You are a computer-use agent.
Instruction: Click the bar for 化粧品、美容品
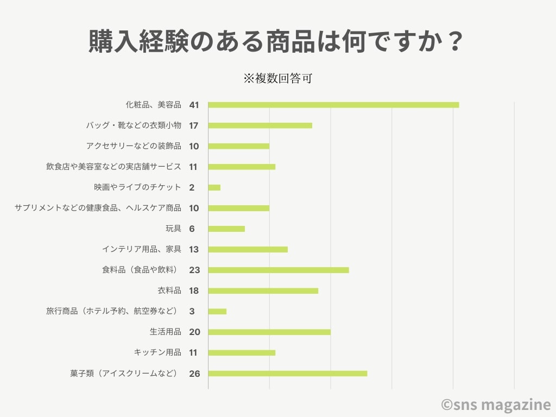pyautogui.click(x=333, y=105)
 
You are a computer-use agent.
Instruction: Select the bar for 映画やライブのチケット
pyautogui.click(x=214, y=187)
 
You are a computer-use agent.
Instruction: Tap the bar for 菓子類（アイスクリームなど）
pyautogui.click(x=288, y=373)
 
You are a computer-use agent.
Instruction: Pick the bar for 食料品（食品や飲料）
pyautogui.click(x=279, y=270)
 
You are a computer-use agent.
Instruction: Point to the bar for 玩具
pyautogui.click(x=226, y=229)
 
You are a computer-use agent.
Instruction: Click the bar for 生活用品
pyautogui.click(x=269, y=332)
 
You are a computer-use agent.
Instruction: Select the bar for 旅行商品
pyautogui.click(x=217, y=311)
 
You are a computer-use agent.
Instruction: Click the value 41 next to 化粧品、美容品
pyautogui.click(x=194, y=105)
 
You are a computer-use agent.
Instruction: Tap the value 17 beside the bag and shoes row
pyautogui.click(x=194, y=125)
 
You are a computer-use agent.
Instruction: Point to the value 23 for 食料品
pyautogui.click(x=194, y=270)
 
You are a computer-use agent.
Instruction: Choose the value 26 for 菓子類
pyautogui.click(x=194, y=373)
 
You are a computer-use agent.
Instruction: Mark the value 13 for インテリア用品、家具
pyautogui.click(x=194, y=249)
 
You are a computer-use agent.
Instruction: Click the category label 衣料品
pyautogui.click(x=169, y=290)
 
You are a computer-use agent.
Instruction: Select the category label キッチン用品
pyautogui.click(x=157, y=352)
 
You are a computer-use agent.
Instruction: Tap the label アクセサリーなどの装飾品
pyautogui.click(x=134, y=146)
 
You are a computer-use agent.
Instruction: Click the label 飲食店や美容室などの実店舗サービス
pyautogui.click(x=113, y=167)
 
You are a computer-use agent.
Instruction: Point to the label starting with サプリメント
pyautogui.click(x=98, y=208)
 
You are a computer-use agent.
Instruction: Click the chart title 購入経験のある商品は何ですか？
pyautogui.click(x=277, y=42)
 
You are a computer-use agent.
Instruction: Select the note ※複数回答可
pyautogui.click(x=277, y=78)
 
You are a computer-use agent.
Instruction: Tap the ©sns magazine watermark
pyautogui.click(x=495, y=405)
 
